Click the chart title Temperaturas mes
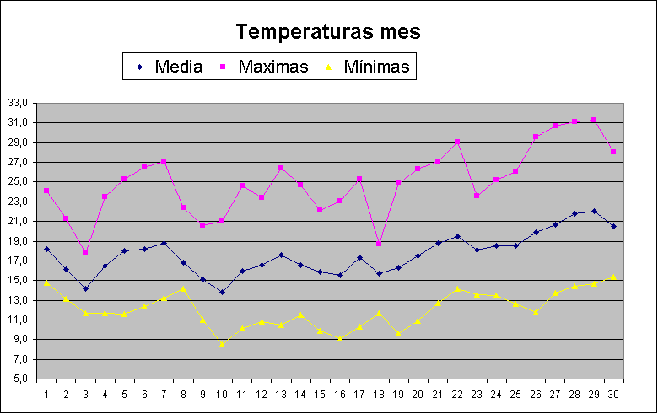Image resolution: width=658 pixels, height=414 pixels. tap(328, 32)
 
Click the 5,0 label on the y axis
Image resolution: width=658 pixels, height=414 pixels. tap(20, 379)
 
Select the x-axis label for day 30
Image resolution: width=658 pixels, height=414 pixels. tap(613, 393)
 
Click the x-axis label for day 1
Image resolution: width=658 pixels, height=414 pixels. tap(46, 393)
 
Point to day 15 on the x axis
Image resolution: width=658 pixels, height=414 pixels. tap(320, 393)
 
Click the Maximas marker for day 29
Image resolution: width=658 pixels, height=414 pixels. tap(594, 121)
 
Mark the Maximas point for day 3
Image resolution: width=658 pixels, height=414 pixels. tap(85, 253)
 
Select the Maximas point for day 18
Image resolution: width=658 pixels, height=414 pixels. tap(379, 244)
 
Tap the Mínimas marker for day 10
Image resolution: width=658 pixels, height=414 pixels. tap(222, 344)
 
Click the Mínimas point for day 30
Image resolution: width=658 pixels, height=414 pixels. tap(613, 277)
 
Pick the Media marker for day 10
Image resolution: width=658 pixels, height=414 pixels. tap(222, 293)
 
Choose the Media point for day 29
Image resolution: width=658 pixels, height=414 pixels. tap(594, 212)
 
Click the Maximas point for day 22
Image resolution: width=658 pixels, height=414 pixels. tap(457, 142)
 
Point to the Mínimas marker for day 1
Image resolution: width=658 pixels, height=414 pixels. tap(46, 282)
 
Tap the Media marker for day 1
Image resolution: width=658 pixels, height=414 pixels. tap(46, 249)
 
